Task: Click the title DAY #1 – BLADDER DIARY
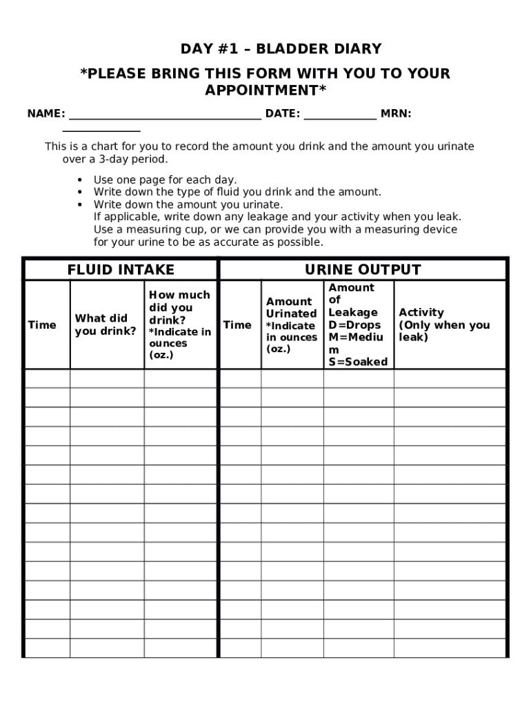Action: tap(281, 49)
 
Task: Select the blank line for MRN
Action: tap(101, 128)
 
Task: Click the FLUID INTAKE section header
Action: tap(121, 270)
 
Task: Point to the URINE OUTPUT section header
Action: tap(363, 270)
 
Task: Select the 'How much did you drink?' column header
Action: tap(180, 325)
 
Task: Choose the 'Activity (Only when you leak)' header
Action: tap(444, 325)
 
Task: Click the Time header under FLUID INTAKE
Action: tap(42, 325)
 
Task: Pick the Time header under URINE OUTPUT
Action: tap(237, 325)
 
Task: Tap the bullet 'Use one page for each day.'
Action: tap(165, 180)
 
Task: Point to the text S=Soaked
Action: tap(358, 362)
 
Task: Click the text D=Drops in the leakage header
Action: tap(354, 325)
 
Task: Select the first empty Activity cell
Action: tap(450, 378)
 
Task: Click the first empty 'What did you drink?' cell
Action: tap(107, 378)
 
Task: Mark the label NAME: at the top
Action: tap(46, 114)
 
